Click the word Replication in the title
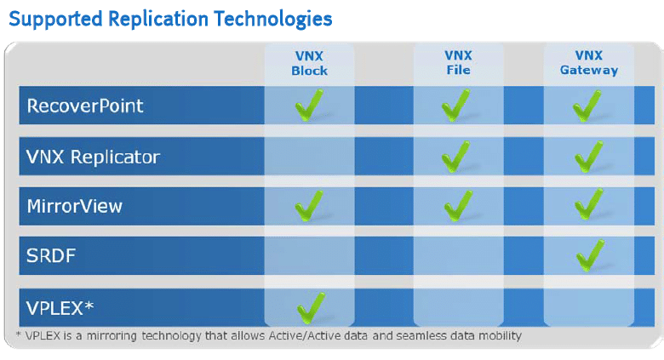coord(158,19)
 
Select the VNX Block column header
coord(309,63)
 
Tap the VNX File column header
coord(458,63)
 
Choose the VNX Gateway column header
coord(589,63)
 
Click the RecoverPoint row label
coord(85,106)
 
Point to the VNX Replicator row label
coord(93,157)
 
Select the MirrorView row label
coord(75,206)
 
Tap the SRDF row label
coord(51,255)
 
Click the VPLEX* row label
coord(60,308)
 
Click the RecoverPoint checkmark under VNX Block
coord(309,105)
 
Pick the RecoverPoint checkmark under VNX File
coord(455,105)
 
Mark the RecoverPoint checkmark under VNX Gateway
coord(587,106)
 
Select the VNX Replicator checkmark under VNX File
coord(455,157)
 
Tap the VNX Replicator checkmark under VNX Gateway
coord(588,157)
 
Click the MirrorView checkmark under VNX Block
coord(309,206)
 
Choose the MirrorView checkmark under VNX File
coord(458,206)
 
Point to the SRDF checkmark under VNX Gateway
coord(590,255)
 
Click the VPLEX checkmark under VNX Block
coord(311,308)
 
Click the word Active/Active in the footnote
coord(304,336)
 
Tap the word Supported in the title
coord(55,20)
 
